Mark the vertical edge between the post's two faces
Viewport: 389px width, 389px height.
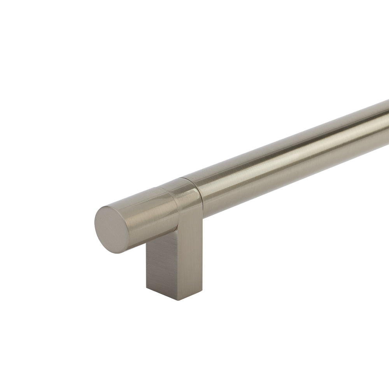pos(179,265)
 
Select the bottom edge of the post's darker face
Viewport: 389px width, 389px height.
pos(163,294)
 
